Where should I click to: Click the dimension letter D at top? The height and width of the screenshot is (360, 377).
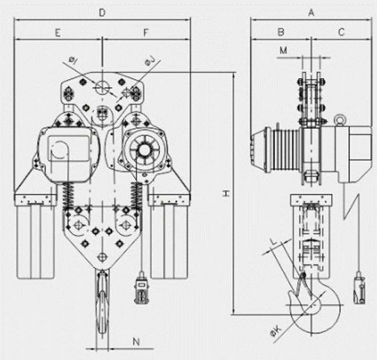coord(102,12)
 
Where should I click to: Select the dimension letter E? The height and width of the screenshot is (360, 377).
coord(58,33)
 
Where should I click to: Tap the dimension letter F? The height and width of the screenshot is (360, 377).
coord(146,33)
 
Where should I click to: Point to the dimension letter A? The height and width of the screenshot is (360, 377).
coord(311,12)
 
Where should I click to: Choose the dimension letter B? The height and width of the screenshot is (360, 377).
coord(281,32)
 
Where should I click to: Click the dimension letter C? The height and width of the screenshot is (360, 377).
coord(341,32)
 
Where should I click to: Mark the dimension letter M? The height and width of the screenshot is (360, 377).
coord(284,50)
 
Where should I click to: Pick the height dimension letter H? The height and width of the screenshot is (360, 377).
coord(226,193)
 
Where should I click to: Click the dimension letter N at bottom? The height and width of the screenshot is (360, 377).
coord(136,341)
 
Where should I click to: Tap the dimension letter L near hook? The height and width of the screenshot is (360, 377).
coord(274,242)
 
